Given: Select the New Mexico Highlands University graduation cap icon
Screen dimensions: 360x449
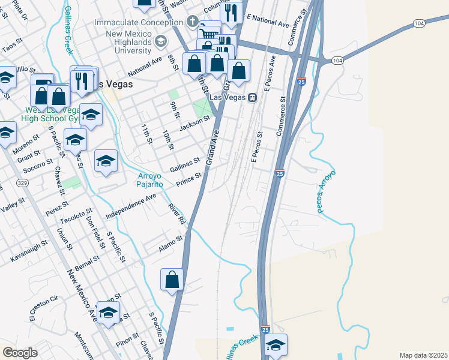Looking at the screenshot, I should click(160, 41).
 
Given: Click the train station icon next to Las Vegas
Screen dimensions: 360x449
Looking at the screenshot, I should click(253, 98).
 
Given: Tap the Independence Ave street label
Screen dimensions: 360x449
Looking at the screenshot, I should click(131, 206).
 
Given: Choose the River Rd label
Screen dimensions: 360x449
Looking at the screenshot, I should click(177, 214).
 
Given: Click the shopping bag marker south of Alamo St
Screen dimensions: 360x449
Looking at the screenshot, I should click(172, 280).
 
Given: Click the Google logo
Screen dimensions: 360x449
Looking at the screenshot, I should click(20, 353).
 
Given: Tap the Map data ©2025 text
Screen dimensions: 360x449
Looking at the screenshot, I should click(423, 355).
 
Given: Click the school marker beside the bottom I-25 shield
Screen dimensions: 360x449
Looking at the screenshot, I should click(276, 345).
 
